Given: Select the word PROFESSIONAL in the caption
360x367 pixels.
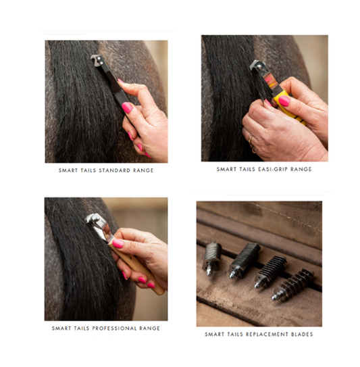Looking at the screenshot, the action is coord(114,328).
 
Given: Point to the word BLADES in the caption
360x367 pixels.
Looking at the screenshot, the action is coord(302,335).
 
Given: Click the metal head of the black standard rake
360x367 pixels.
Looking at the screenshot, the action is coord(97,60).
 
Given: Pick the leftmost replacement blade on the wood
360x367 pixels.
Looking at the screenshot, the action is coord(212,258).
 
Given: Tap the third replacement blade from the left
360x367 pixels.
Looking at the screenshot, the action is coord(270,272).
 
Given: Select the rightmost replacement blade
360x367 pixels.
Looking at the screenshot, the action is coord(293,285).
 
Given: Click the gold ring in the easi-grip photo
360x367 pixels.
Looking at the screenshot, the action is coord(251,139).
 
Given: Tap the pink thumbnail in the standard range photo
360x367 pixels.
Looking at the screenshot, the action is coord(127,107).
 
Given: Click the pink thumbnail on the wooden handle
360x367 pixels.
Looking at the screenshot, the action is coord(118,243).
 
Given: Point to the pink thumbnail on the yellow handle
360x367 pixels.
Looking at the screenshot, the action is coord(284,101).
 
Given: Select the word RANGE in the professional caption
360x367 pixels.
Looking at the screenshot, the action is coord(150,328).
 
